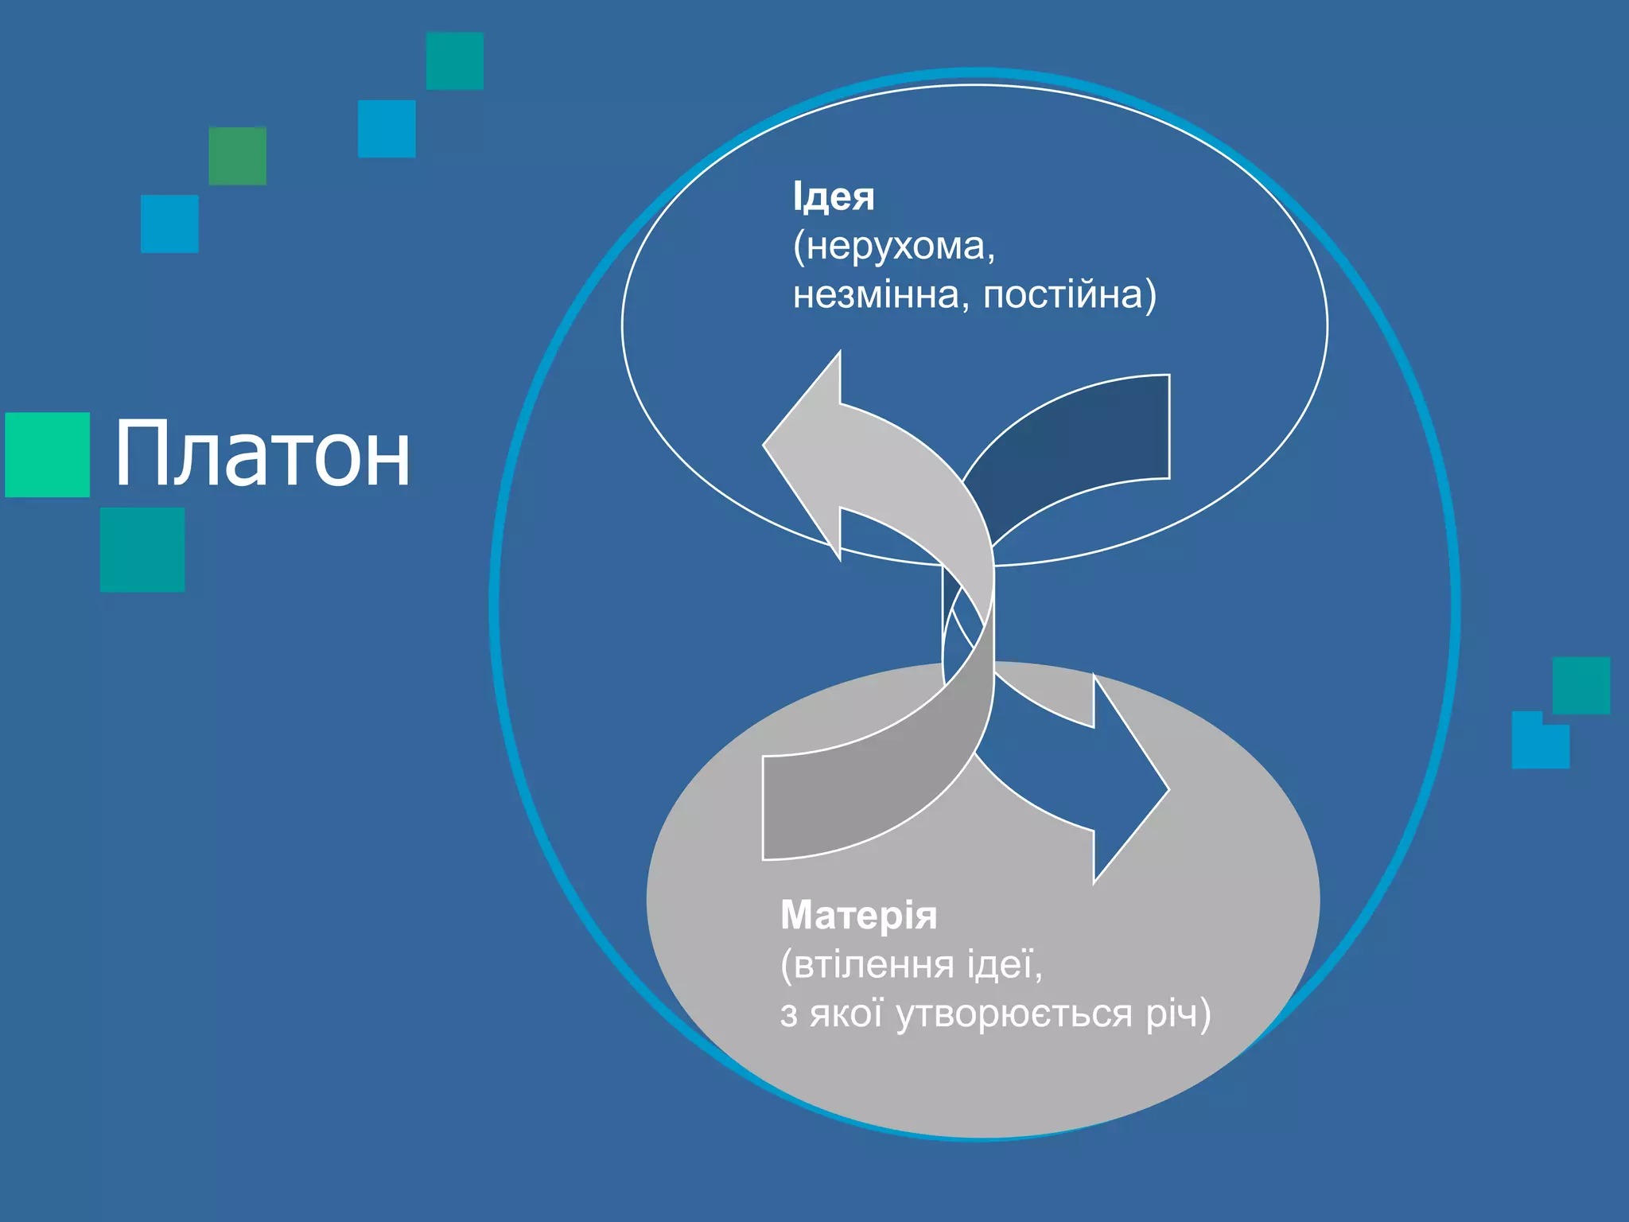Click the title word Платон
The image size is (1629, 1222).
tap(262, 453)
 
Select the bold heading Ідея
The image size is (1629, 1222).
tap(833, 197)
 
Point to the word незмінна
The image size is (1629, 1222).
tap(875, 295)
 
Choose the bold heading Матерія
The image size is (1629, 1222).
tap(858, 915)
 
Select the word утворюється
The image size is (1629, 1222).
tap(1014, 1014)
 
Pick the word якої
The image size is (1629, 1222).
tap(846, 1014)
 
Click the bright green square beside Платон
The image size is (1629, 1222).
tap(47, 454)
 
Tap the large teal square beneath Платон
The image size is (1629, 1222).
tap(142, 550)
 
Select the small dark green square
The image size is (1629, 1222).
tap(237, 156)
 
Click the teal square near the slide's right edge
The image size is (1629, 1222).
tap(1581, 685)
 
